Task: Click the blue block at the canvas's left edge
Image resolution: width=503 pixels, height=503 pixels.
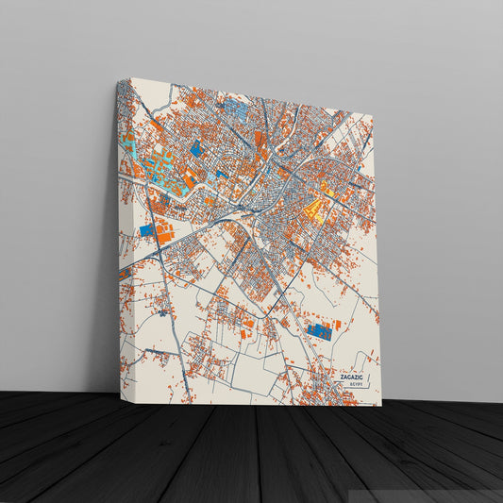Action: point(146,229)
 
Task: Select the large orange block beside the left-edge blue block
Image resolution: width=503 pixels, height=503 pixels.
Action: point(163,232)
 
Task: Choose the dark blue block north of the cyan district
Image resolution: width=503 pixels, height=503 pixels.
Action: point(195,148)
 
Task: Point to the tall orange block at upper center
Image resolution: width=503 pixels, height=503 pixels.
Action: point(259,140)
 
